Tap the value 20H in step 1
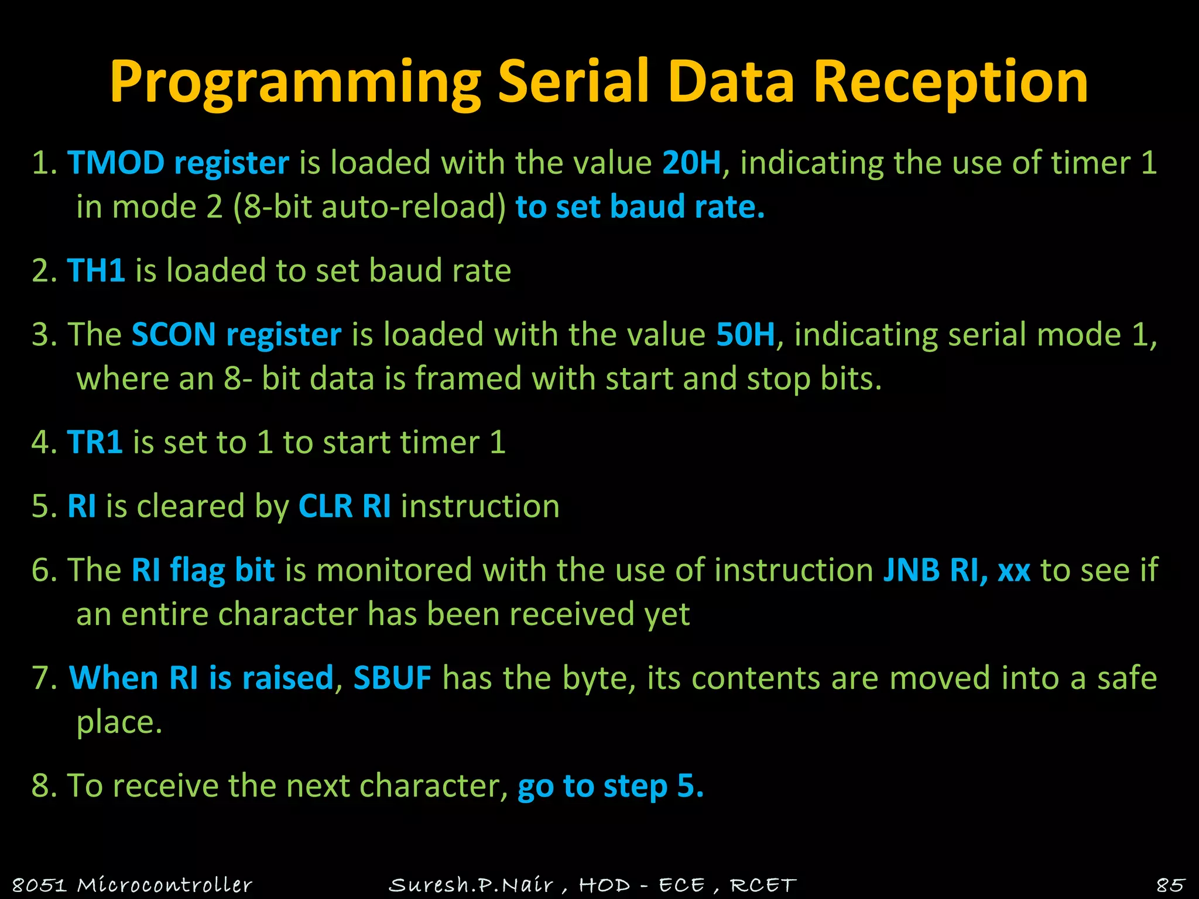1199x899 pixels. pos(691,163)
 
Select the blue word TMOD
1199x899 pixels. pos(115,163)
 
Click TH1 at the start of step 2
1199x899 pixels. pos(96,270)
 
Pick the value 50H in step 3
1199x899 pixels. pos(745,335)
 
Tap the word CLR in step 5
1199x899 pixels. pos(326,506)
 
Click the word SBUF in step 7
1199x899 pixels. pos(392,678)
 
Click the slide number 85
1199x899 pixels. pos(1170,884)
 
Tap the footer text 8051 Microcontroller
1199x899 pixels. pos(132,884)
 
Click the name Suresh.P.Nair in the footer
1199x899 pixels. pos(471,884)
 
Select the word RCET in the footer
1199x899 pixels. pos(763,884)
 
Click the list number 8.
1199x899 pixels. pos(41,785)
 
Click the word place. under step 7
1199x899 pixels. pos(119,722)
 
